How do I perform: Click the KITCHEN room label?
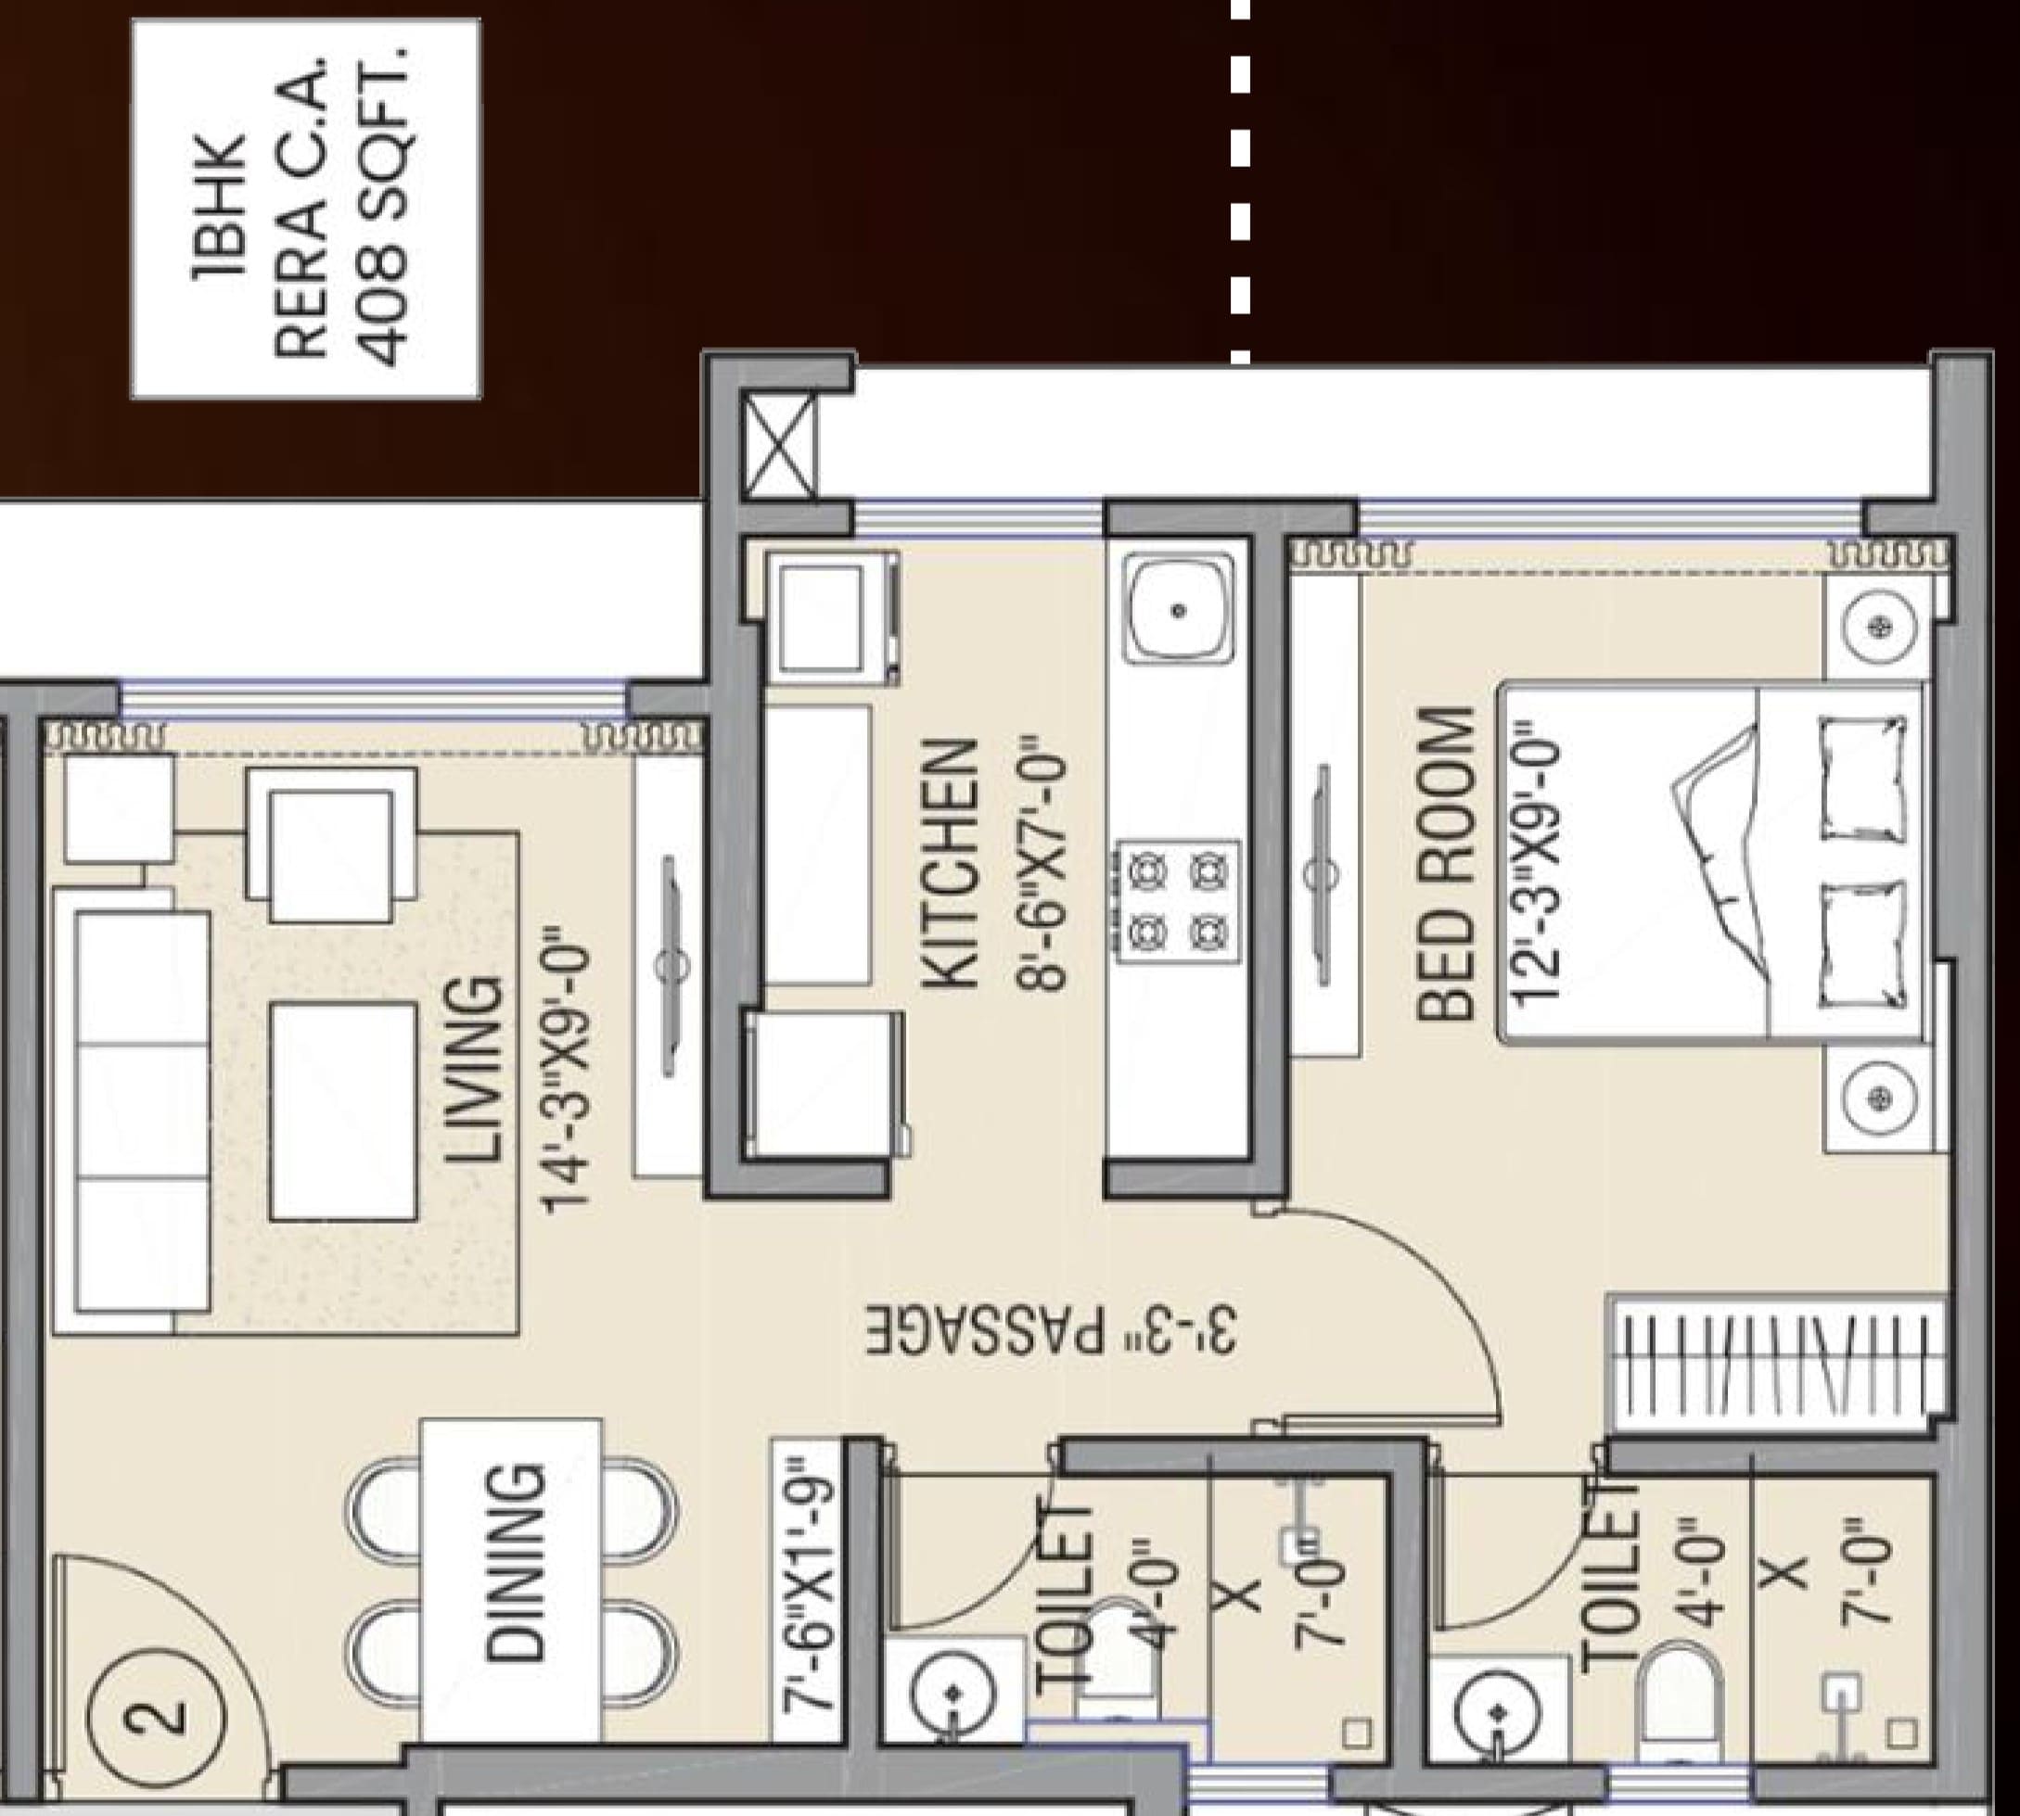tap(947, 864)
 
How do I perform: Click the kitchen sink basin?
tap(1178, 610)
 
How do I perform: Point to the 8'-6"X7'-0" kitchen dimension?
tap(1039, 864)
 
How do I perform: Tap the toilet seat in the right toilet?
tap(1679, 1696)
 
